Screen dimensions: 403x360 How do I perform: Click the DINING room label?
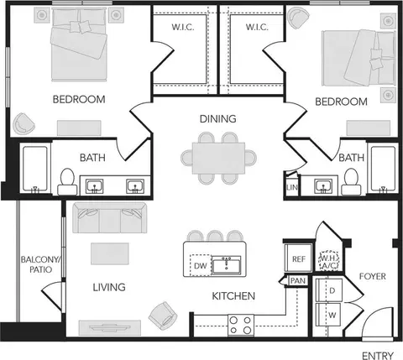[217, 119]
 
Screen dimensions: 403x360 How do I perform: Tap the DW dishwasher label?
[201, 266]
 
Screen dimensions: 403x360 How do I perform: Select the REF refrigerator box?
[298, 258]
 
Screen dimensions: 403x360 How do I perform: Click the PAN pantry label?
[298, 280]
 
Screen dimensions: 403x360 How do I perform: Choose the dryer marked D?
[329, 290]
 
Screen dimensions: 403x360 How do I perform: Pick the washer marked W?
[328, 315]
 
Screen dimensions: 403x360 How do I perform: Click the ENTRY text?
[378, 356]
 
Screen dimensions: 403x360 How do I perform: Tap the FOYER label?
[373, 276]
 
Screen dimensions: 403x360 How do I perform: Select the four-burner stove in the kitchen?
[241, 325]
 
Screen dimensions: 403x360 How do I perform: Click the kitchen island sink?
[226, 264]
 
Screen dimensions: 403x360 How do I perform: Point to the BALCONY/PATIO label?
[40, 264]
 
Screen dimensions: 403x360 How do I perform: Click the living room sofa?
[110, 217]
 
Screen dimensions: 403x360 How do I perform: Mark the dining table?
[218, 158]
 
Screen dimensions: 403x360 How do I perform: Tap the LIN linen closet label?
[292, 187]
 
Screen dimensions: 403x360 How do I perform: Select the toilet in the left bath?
[67, 182]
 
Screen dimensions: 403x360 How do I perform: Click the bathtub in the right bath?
[383, 169]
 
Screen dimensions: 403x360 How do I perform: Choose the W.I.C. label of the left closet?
[183, 27]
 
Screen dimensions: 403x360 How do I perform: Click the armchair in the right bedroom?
[299, 18]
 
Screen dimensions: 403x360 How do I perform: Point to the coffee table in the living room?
[110, 253]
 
